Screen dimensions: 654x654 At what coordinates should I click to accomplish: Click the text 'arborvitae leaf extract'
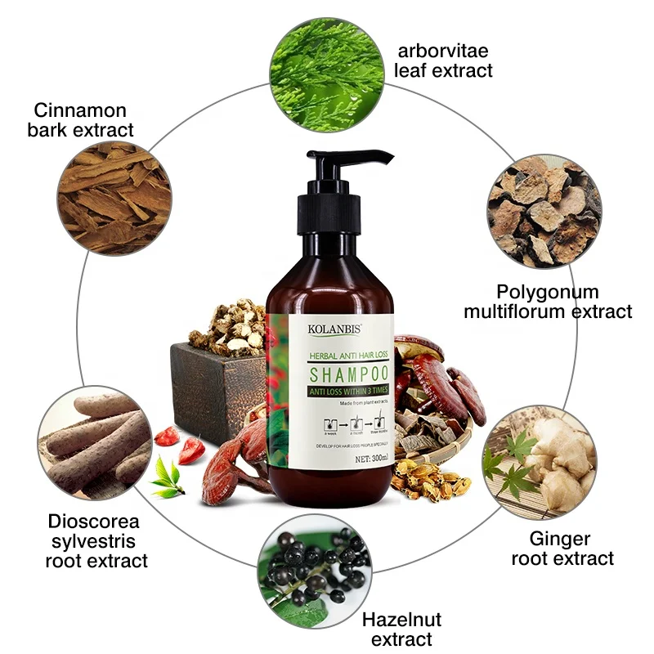(443, 60)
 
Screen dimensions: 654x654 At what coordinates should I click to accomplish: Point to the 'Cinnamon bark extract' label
(83, 119)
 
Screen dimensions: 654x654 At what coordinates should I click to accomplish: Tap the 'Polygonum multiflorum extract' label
(548, 302)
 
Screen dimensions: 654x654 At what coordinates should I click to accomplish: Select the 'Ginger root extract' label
(562, 549)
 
